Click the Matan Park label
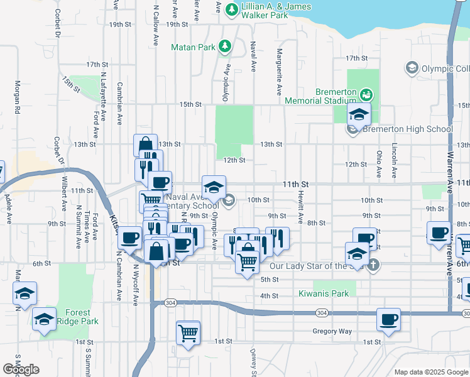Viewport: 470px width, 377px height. [193, 46]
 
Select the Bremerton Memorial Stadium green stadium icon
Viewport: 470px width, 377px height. [366, 95]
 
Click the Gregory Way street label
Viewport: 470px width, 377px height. [332, 331]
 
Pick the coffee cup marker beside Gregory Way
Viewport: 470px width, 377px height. [388, 319]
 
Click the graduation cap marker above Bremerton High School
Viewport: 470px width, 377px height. [359, 114]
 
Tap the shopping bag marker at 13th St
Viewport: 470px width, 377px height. [145, 145]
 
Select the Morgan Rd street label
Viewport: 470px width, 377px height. [18, 97]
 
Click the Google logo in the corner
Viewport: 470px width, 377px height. [21, 369]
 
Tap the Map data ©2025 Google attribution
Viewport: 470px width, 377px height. [430, 372]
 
